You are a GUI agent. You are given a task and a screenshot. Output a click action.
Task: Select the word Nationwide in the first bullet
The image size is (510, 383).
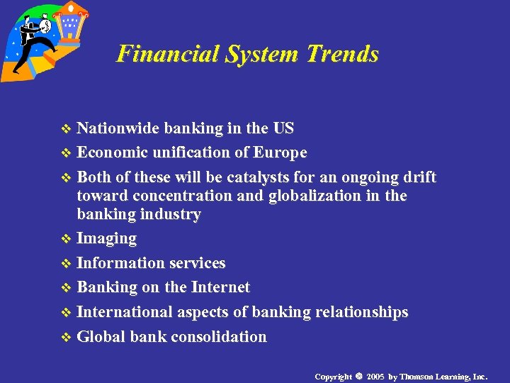click(x=118, y=128)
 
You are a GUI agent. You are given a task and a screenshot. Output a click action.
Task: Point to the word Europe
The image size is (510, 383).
click(x=280, y=152)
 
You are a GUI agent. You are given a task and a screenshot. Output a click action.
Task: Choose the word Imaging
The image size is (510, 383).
click(x=106, y=238)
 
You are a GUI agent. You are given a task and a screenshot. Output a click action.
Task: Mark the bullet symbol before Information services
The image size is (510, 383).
click(x=67, y=264)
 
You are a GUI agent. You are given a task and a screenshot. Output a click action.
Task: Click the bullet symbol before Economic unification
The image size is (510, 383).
click(x=67, y=153)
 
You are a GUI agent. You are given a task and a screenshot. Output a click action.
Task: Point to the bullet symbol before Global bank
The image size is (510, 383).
click(x=67, y=338)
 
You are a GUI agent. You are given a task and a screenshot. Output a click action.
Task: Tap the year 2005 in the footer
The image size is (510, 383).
click(x=375, y=376)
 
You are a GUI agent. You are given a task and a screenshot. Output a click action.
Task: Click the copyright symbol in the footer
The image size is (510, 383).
click(x=359, y=376)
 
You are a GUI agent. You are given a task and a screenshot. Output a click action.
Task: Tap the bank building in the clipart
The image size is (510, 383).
click(x=69, y=25)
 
